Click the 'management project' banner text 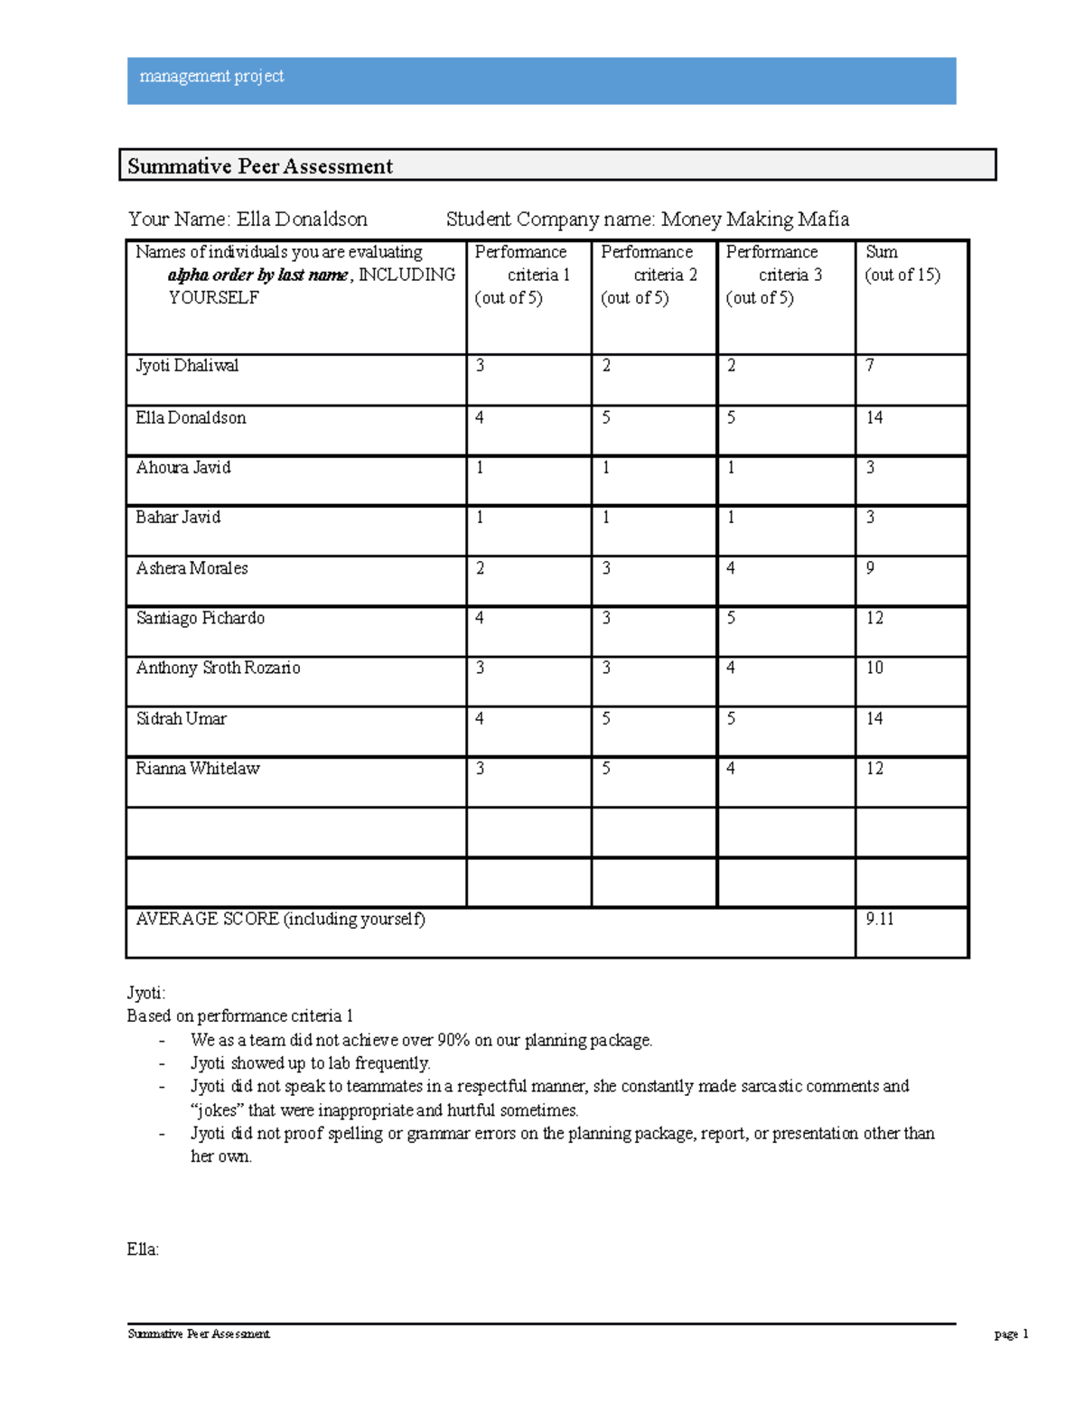point(211,77)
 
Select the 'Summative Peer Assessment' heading point(260,166)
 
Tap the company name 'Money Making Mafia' point(754,220)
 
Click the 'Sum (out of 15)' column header point(902,264)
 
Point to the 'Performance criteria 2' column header point(648,275)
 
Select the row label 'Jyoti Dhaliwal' point(187,366)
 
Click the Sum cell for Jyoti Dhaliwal point(870,366)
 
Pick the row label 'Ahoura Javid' point(183,468)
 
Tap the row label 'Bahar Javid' point(178,518)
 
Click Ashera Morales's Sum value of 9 point(870,568)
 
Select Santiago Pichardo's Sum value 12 point(874,619)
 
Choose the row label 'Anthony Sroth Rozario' point(218,669)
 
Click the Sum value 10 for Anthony point(874,669)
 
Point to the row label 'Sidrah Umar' point(181,719)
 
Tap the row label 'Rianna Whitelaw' point(198,769)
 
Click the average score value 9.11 point(880,920)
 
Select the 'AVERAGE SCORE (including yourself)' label point(280,920)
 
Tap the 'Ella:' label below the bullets point(143,1250)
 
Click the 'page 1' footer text point(1011,1334)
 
